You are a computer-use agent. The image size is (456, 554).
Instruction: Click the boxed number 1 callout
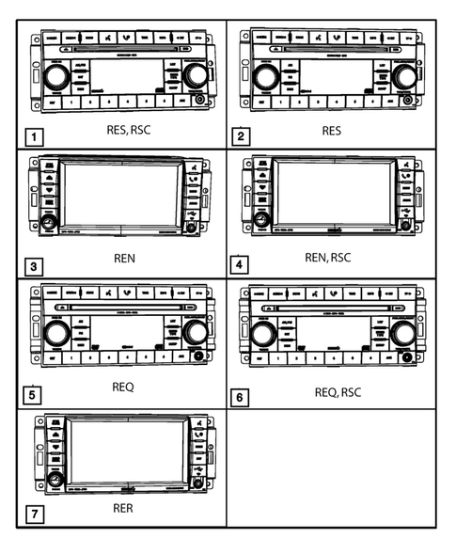pos(34,137)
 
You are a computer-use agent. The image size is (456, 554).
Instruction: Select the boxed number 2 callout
pos(241,136)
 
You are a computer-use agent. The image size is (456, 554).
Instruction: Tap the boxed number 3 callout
pos(34,266)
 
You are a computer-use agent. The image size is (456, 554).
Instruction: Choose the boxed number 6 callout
pos(241,397)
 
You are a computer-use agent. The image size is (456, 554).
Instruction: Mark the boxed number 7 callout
pos(34,515)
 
